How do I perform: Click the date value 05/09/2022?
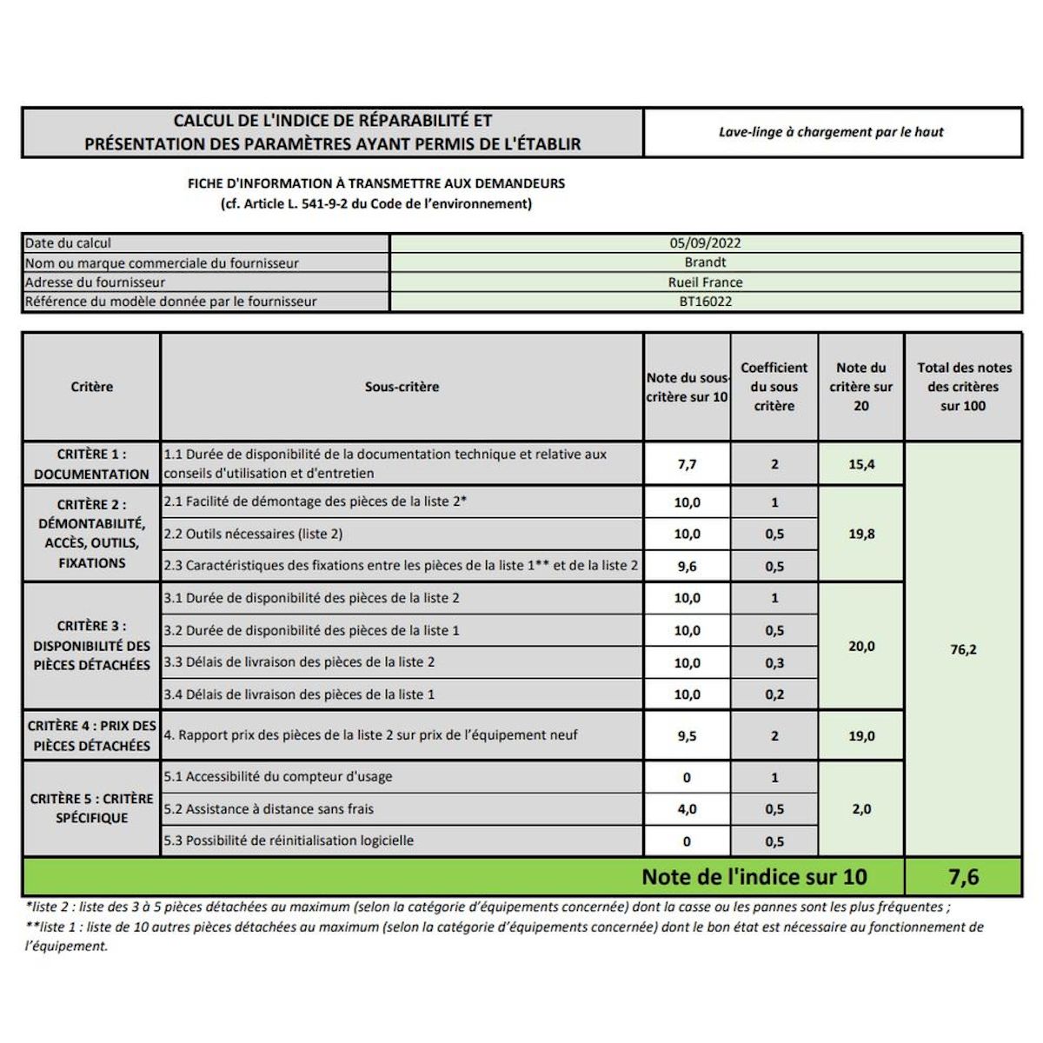click(705, 243)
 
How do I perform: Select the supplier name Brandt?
click(705, 262)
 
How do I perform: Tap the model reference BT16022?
click(705, 302)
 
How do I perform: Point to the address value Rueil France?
click(705, 282)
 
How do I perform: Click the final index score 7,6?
click(963, 877)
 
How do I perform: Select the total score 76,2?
click(963, 649)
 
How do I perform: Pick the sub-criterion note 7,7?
click(687, 464)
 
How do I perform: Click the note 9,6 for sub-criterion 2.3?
click(687, 566)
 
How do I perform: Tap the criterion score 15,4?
click(861, 464)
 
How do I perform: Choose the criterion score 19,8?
click(861, 534)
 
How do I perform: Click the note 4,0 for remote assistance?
click(687, 809)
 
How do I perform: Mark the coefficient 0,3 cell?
click(774, 663)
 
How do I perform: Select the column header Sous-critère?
click(402, 387)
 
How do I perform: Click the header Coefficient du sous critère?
click(774, 387)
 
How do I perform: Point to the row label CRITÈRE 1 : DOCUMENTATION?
click(91, 464)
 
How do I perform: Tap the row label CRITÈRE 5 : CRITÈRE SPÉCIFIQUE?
click(91, 808)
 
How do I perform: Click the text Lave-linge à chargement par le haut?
click(831, 132)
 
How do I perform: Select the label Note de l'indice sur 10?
click(754, 877)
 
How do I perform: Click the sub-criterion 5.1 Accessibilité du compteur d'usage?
click(278, 777)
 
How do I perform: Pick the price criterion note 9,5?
click(687, 736)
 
